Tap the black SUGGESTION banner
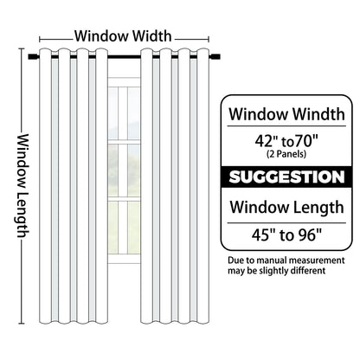pyautogui.click(x=286, y=177)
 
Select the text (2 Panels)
pyautogui.click(x=286, y=154)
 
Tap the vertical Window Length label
pyautogui.click(x=23, y=186)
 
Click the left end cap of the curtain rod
pyautogui.click(x=31, y=56)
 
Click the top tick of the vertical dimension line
pyautogui.click(x=21, y=48)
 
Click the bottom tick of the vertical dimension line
pyautogui.click(x=21, y=323)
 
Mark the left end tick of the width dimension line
pyautogui.click(x=40, y=39)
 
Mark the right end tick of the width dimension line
pyautogui.click(x=209, y=39)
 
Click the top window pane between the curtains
pyautogui.click(x=124, y=113)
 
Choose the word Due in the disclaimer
pyautogui.click(x=235, y=260)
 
